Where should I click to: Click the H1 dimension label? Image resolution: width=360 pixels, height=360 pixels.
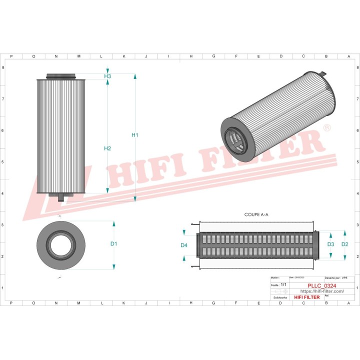[134, 135]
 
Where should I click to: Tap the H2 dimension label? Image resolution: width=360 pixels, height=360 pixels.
[107, 148]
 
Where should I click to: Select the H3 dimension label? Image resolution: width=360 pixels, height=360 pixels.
[107, 76]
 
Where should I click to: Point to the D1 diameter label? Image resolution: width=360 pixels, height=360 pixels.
[113, 243]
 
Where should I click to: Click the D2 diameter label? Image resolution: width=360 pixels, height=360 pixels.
[344, 244]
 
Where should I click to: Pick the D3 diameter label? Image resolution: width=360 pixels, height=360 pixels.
[330, 244]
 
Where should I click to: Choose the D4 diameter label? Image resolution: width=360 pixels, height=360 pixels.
[184, 245]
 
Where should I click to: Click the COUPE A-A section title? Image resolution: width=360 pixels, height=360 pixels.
[256, 214]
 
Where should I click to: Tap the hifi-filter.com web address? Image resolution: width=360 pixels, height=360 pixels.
[314, 291]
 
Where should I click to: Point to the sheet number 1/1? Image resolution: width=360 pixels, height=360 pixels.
[283, 284]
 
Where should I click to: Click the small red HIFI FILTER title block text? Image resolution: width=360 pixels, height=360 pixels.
[306, 297]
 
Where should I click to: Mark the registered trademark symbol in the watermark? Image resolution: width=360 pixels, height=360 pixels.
[327, 128]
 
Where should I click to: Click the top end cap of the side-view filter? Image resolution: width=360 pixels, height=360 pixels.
[62, 76]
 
